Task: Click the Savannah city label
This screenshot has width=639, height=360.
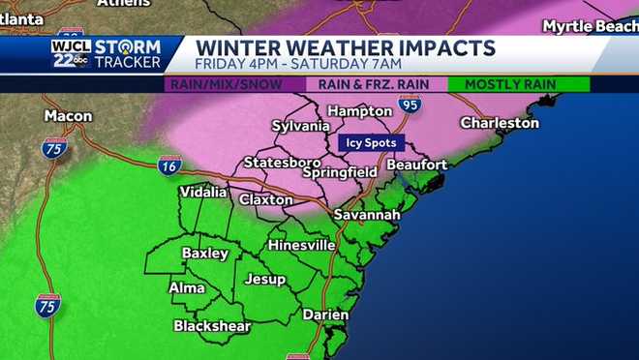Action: [367, 214]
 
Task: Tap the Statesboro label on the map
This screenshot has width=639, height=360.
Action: [280, 162]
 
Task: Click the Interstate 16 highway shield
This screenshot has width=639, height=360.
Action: [168, 165]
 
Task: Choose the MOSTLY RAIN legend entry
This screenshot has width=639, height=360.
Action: [510, 84]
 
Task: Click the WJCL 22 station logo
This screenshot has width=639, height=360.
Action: [71, 53]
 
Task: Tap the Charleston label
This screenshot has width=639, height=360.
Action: [499, 123]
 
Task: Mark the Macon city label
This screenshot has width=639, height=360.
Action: [68, 116]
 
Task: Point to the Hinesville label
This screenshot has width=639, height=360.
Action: [301, 246]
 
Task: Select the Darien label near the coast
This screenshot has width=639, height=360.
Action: [325, 315]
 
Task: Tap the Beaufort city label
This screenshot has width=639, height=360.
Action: [419, 165]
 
